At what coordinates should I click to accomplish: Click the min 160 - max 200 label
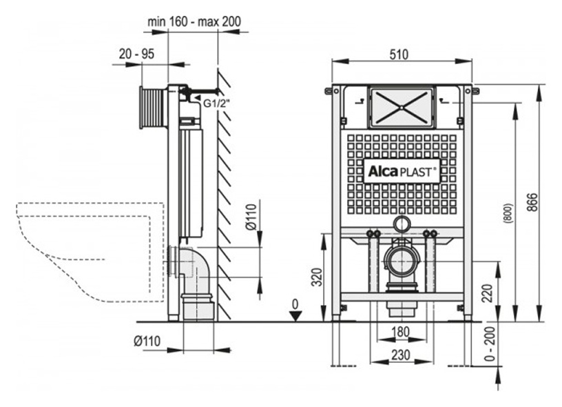pos(194,21)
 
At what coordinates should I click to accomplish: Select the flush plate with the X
pos(402,107)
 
